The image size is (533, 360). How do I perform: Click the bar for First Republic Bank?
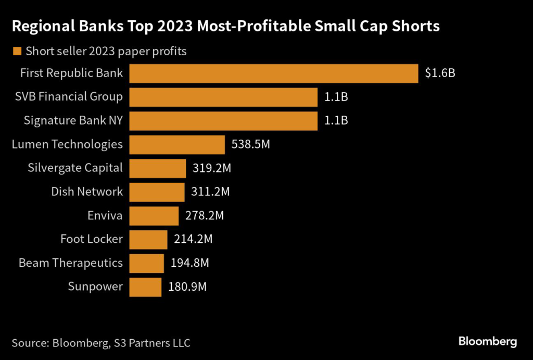274,73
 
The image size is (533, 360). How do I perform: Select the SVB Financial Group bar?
223,97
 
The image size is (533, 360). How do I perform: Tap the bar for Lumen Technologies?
177,145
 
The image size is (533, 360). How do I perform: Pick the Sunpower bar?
145,287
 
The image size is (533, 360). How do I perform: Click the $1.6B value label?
440,73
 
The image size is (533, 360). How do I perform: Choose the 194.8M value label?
189,263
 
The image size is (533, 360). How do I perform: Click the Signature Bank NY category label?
73,120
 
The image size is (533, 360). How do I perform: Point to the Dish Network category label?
87,192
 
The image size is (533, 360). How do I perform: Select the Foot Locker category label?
92,239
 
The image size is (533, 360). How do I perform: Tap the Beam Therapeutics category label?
71,263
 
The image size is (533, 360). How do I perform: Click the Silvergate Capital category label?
75,168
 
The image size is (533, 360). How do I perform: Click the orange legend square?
17,52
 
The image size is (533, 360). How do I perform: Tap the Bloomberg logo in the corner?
488,342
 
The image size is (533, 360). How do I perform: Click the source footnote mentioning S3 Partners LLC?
101,343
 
